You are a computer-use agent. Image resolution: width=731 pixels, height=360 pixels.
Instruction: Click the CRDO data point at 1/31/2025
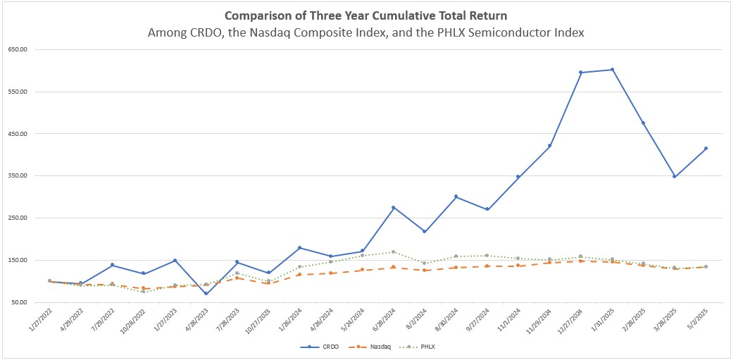612,70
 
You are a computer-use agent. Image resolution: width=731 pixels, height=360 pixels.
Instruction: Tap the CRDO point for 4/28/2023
206,294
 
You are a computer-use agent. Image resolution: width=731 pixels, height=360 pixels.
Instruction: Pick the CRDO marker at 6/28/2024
393,207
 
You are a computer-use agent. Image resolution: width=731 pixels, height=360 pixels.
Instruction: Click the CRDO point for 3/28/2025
675,177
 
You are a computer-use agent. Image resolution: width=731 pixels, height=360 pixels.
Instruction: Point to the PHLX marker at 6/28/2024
393,252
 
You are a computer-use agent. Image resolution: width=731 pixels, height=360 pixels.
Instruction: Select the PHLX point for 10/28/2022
143,291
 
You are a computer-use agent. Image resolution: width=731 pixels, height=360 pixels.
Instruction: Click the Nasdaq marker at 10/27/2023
268,283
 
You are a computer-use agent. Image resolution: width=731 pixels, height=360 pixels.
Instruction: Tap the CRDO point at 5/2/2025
706,149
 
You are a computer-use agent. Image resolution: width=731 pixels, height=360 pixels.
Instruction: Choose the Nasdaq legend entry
367,347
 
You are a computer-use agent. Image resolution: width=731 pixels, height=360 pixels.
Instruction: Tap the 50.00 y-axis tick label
20,302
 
